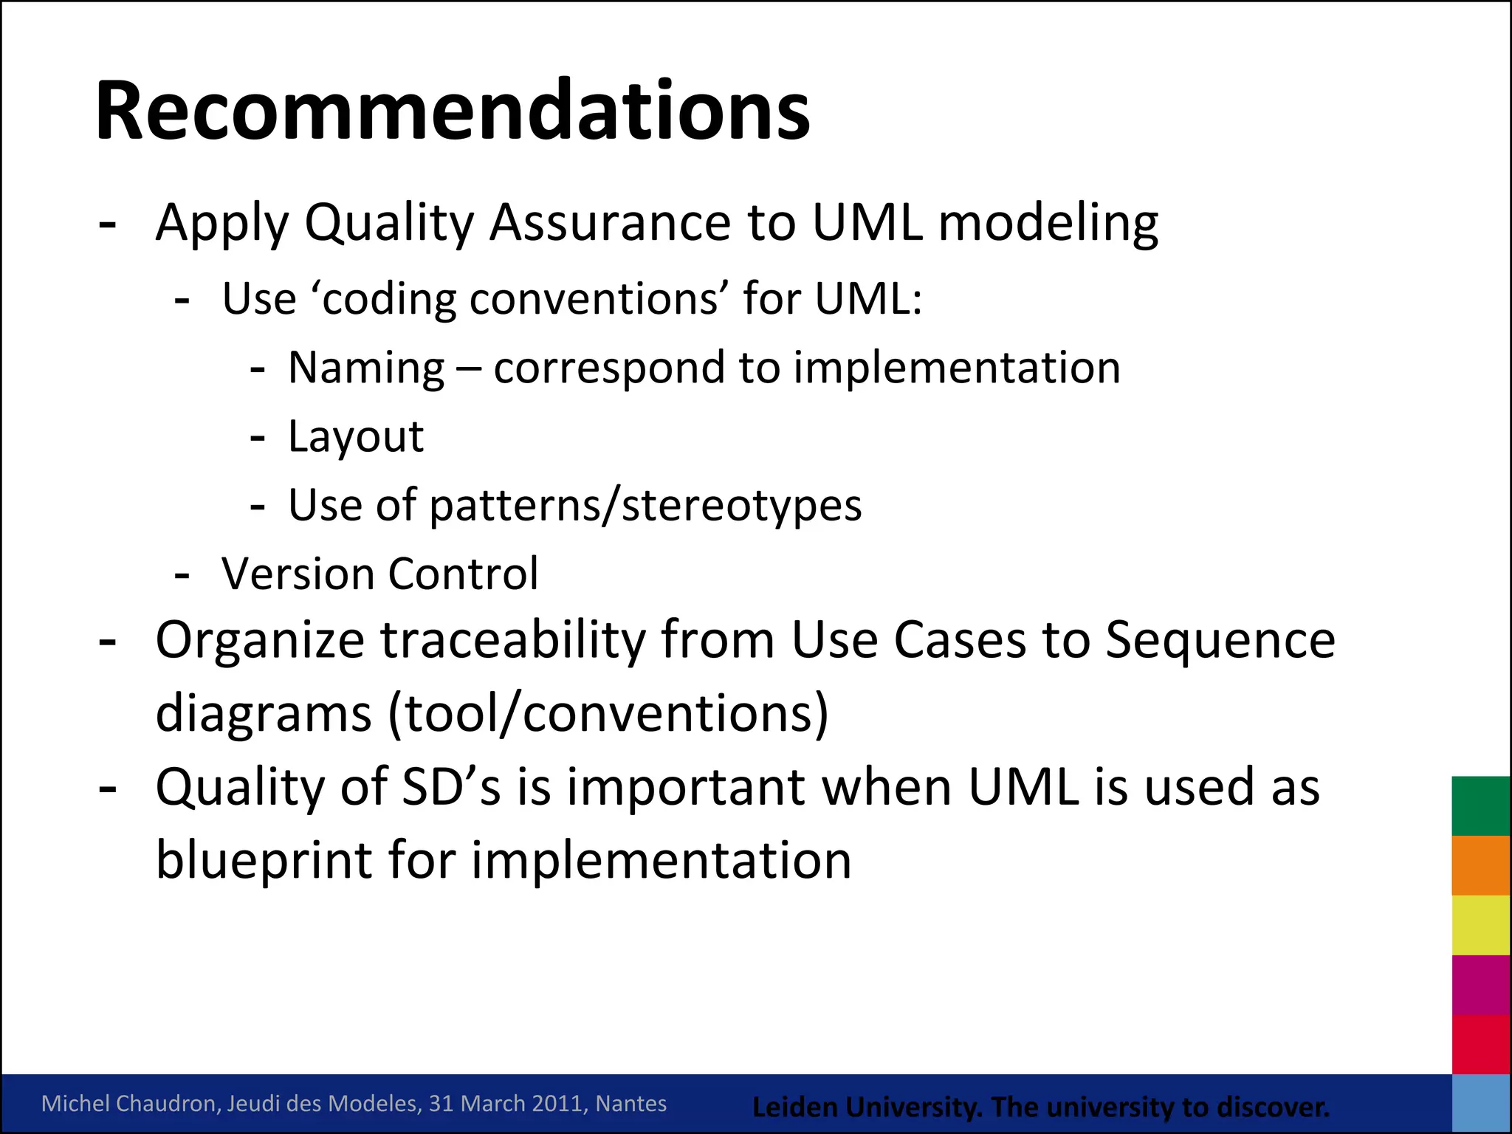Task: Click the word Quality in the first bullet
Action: pyautogui.click(x=389, y=223)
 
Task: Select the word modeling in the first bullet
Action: pyautogui.click(x=1048, y=223)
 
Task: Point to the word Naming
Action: pyautogui.click(x=366, y=368)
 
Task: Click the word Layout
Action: pyautogui.click(x=356, y=437)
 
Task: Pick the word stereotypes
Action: pyautogui.click(x=741, y=506)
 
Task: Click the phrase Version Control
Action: pyautogui.click(x=379, y=574)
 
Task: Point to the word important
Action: pyautogui.click(x=686, y=787)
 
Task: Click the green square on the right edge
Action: pyautogui.click(x=1480, y=805)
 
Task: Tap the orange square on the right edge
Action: pyautogui.click(x=1480, y=865)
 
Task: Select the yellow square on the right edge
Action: pyautogui.click(x=1480, y=925)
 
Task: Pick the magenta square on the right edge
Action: pyautogui.click(x=1480, y=985)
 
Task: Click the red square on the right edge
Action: pyautogui.click(x=1480, y=1044)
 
